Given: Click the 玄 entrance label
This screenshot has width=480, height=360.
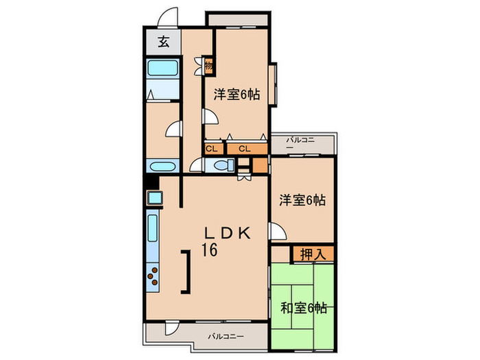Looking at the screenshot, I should tap(163, 43).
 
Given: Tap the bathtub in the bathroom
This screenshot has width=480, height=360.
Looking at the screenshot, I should tap(163, 69).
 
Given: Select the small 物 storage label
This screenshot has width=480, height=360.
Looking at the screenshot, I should tap(208, 67).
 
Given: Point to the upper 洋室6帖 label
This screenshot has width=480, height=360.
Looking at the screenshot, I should tap(237, 95).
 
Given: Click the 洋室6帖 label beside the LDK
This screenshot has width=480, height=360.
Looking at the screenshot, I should tap(302, 201).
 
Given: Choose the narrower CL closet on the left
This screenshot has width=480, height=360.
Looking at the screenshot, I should tap(211, 148).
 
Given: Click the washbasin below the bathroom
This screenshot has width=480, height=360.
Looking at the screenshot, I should tap(163, 167).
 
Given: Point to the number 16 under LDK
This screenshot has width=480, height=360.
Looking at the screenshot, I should tap(208, 250).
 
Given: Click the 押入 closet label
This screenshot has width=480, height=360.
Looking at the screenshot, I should tap(313, 254).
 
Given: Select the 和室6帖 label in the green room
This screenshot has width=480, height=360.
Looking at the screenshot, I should tap(302, 309).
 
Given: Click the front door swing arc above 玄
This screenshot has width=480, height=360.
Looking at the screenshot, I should tap(169, 19).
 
